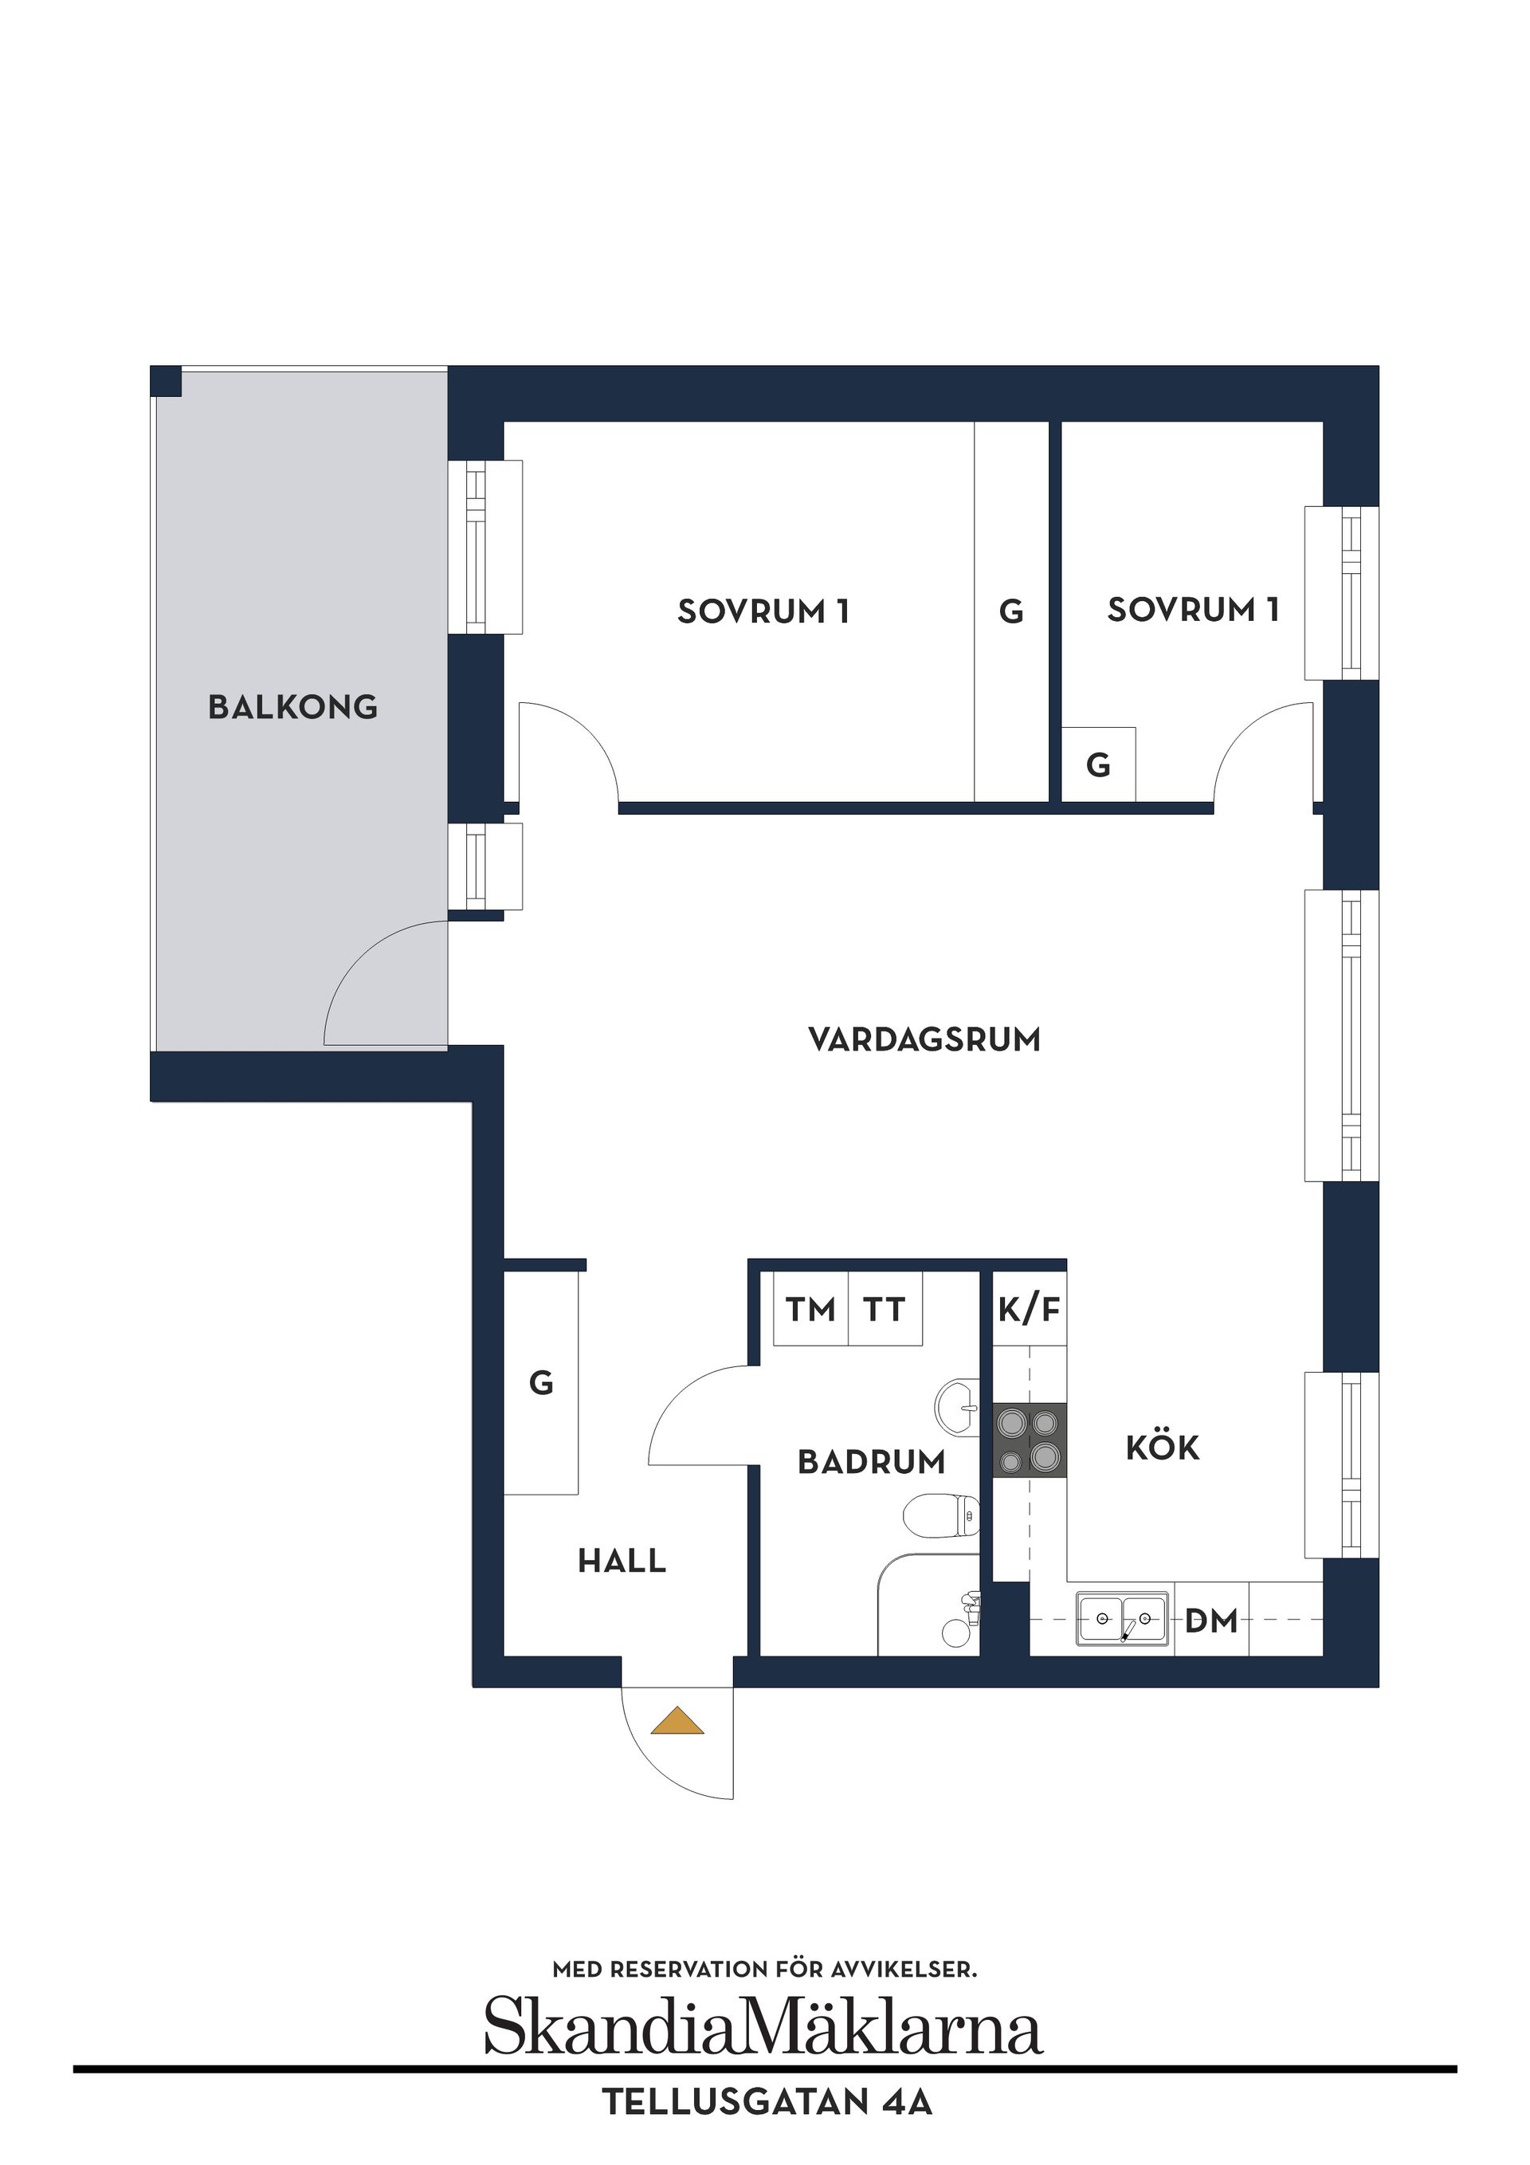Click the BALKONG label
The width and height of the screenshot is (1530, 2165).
point(292,707)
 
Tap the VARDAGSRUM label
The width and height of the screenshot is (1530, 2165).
point(924,1039)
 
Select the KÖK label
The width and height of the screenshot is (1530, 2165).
point(1163,1448)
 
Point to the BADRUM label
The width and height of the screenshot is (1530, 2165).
point(871,1463)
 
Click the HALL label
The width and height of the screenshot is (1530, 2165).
point(622,1562)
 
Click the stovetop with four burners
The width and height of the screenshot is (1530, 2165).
point(1030,1440)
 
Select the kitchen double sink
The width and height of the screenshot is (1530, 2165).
point(1123,1619)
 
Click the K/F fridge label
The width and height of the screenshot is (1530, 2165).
point(1030,1309)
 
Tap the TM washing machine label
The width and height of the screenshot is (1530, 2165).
point(810,1310)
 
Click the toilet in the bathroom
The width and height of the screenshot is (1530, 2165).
point(941,1515)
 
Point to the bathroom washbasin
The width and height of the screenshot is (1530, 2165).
point(958,1408)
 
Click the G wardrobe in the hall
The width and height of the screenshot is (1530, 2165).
point(541,1383)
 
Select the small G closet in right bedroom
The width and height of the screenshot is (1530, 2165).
point(1098,764)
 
